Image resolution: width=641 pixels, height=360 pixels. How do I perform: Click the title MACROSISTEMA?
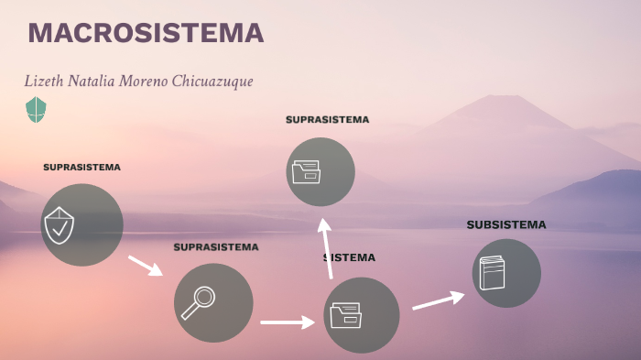click(x=146, y=34)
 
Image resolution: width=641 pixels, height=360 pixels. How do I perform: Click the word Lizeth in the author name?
click(x=42, y=82)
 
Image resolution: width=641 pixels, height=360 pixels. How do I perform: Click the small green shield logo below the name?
click(x=36, y=110)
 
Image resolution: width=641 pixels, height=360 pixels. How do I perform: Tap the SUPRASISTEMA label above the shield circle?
click(x=81, y=168)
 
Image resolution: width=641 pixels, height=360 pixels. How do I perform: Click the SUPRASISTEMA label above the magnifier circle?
click(x=216, y=247)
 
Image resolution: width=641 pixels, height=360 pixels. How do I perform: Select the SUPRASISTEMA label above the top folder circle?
click(x=327, y=120)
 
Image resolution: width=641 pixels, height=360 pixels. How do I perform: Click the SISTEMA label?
click(x=351, y=257)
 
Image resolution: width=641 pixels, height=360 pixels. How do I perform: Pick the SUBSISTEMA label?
click(x=505, y=224)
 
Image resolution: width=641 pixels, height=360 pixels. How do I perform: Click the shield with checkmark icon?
click(x=59, y=225)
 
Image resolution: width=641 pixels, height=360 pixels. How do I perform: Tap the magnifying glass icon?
click(x=198, y=302)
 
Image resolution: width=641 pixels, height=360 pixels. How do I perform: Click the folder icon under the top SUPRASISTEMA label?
click(x=306, y=171)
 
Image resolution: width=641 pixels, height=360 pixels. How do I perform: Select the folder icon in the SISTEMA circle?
click(x=346, y=315)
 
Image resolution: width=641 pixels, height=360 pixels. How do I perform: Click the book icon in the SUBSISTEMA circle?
click(x=492, y=273)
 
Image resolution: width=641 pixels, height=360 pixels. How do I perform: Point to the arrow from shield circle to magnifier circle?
click(x=145, y=266)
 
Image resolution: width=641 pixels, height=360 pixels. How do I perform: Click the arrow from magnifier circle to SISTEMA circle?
click(x=288, y=322)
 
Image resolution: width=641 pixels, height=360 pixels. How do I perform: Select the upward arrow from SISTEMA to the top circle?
click(x=326, y=247)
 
